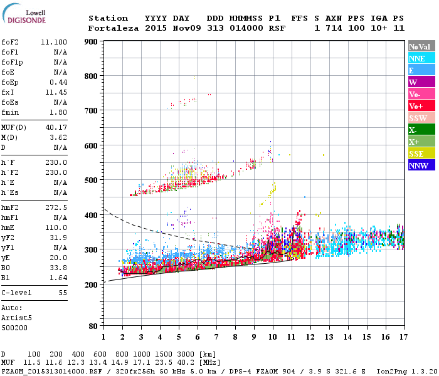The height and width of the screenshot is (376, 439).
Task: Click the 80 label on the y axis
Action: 93,326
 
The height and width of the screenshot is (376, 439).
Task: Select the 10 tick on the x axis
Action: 272,337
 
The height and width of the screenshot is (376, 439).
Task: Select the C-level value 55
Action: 62,293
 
